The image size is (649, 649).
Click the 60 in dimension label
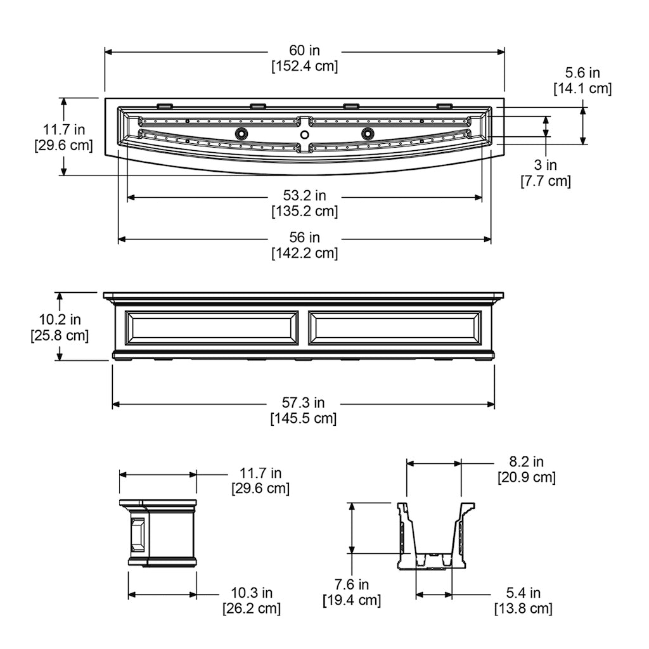click(305, 51)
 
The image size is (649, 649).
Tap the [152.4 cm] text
click(305, 66)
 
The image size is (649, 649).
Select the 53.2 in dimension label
click(305, 195)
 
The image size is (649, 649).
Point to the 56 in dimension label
click(305, 238)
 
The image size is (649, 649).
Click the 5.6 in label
click(582, 73)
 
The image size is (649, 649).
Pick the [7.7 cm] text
click(546, 181)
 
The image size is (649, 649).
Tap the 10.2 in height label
click(60, 319)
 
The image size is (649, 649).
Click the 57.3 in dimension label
click(304, 402)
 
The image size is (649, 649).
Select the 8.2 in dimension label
click(526, 461)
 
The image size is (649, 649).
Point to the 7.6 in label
click(352, 584)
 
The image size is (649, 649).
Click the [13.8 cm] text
click(523, 608)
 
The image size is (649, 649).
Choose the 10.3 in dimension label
click(252, 593)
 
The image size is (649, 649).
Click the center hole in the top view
click(305, 134)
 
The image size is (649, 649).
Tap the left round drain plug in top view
click(241, 134)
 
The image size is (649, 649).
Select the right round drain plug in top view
click(368, 134)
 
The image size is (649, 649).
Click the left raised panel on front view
click(212, 328)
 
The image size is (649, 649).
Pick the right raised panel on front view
click(395, 328)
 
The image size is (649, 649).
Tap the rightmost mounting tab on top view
click(444, 105)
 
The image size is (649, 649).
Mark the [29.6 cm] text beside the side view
click(260, 489)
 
